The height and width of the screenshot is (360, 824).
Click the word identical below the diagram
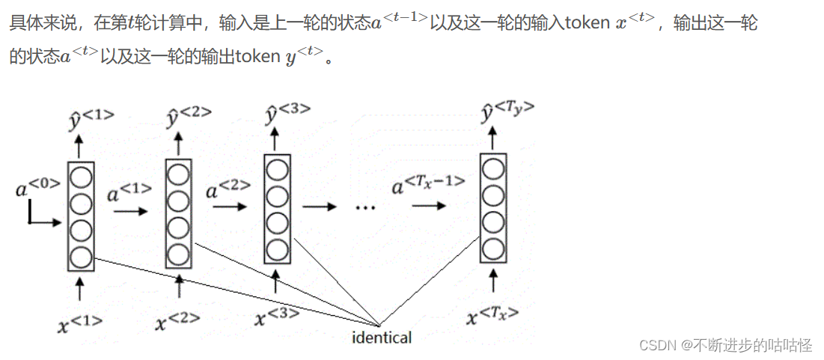click(382, 338)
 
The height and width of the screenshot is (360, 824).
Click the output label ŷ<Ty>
click(507, 112)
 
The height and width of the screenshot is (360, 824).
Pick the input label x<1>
click(79, 323)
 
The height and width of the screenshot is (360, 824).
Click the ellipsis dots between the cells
click(364, 207)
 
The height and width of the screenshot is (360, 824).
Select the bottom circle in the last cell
click(492, 248)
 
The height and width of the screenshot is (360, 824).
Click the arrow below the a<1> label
click(131, 212)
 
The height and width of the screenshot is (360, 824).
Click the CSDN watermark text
click(724, 345)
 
